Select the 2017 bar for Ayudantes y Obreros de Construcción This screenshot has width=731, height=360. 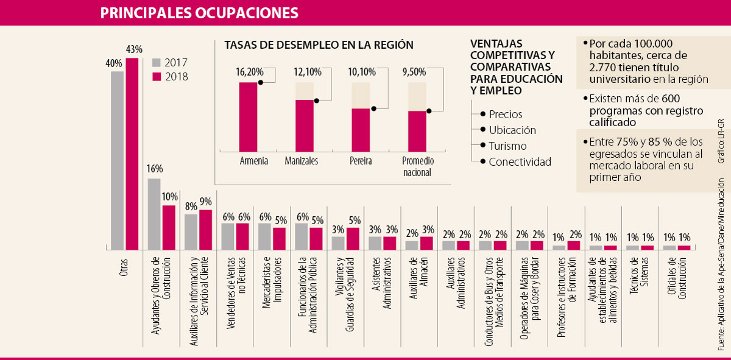[154, 214]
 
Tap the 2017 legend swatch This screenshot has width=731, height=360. [156, 62]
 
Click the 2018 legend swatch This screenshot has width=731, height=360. [156, 77]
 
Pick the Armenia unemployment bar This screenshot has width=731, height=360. [248, 116]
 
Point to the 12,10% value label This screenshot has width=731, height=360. [308, 72]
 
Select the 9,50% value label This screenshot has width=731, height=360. [415, 72]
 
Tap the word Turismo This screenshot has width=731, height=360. [507, 146]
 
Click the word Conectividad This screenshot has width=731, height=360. [520, 162]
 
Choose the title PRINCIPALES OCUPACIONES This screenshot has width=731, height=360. [199, 13]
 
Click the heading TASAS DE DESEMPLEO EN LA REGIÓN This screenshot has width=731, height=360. [319, 45]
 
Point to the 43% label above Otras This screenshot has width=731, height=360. [134, 49]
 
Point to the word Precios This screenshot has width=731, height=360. [505, 115]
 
